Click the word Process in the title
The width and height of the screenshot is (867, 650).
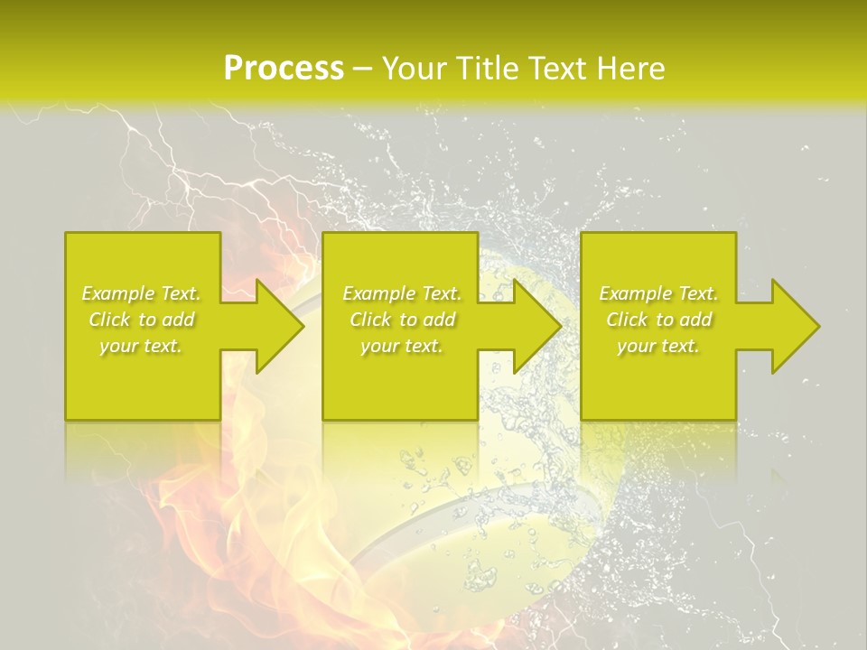pos(284,69)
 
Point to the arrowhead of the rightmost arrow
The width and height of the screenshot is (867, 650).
pos(794,326)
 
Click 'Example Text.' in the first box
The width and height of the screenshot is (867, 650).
pos(141,293)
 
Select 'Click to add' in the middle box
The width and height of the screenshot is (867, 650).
pos(402,320)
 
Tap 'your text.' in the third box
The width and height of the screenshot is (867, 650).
pos(658,346)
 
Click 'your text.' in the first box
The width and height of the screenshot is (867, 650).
pos(141,346)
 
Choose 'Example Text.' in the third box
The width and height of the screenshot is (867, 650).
pos(658,293)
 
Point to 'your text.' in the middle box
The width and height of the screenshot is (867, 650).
pos(402,346)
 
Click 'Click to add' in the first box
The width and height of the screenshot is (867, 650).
pos(141,320)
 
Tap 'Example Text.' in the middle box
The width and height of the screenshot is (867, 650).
pos(402,293)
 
